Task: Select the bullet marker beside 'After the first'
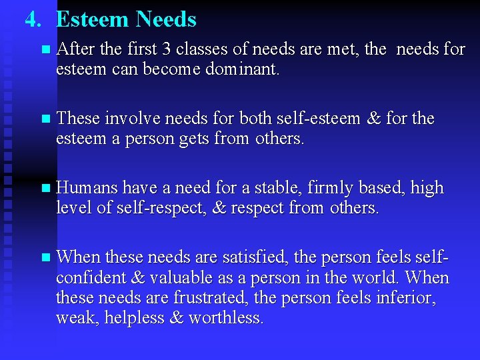click(x=45, y=50)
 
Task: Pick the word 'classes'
click(x=193, y=49)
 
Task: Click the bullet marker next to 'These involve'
click(x=45, y=120)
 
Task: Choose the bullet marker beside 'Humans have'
click(x=45, y=189)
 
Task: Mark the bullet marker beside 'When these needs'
click(x=45, y=258)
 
